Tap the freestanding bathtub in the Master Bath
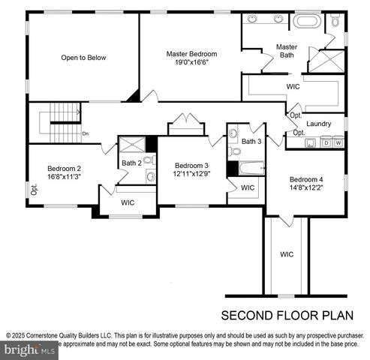click(306, 21)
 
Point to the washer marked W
click(338, 142)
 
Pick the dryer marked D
click(327, 142)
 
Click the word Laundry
click(319, 124)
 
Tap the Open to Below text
click(83, 57)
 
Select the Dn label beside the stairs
click(86, 134)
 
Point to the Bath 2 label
click(131, 163)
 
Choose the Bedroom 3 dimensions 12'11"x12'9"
click(191, 175)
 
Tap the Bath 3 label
click(251, 141)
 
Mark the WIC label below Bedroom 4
click(287, 254)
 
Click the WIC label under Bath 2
click(128, 202)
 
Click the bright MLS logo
click(30, 349)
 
